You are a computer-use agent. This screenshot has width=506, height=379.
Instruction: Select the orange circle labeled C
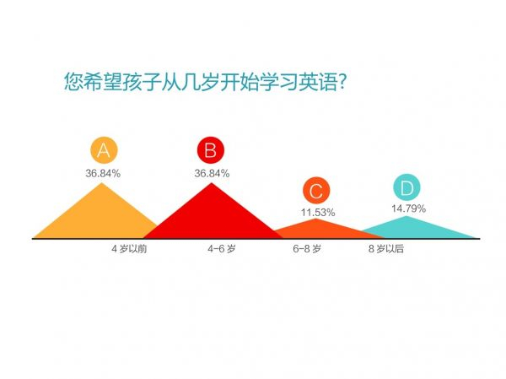pos(316,190)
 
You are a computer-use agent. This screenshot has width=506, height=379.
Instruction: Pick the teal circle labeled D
pos(407,187)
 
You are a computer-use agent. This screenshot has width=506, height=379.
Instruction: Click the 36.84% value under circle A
pos(103,173)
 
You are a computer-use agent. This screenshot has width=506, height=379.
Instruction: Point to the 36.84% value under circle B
pos(212,173)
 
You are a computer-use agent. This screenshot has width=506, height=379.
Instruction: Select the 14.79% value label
pos(408,208)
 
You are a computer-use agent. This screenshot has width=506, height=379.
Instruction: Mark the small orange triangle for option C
pos(316,229)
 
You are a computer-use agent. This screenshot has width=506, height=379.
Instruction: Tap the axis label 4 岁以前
pos(129,249)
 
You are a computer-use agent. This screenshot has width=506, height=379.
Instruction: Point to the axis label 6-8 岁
pos(307,249)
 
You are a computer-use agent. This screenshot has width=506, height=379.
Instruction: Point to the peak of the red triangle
pos(211,184)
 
